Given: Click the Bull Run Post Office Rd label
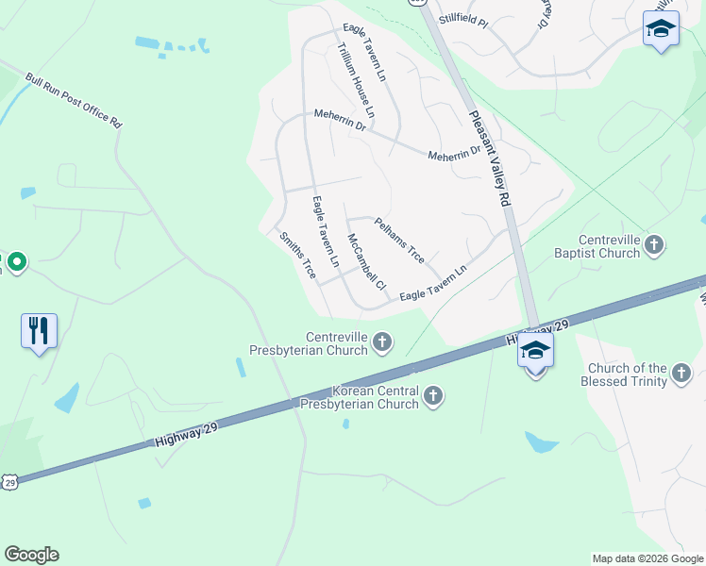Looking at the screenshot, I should (x=74, y=102).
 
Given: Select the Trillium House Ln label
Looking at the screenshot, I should (x=356, y=82).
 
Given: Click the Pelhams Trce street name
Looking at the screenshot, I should (x=399, y=241).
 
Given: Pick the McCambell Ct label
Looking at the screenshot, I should (x=366, y=261).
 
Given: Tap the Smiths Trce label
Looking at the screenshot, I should (x=296, y=255).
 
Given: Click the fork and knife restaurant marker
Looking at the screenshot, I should (x=39, y=330).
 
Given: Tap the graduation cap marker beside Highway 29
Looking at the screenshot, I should (x=535, y=351).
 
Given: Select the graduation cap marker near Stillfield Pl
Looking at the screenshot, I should (x=661, y=29).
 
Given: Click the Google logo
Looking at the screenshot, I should (x=31, y=555).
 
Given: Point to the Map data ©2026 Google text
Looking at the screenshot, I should (x=647, y=558).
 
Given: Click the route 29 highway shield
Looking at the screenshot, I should (x=9, y=482).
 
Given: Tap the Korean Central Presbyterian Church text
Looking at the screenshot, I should (x=358, y=397).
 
